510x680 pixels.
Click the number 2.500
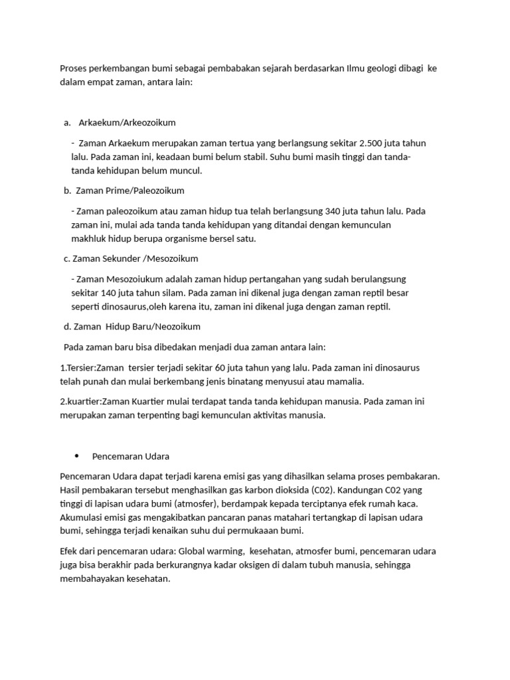[x=373, y=143]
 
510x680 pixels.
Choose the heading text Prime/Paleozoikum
[x=148, y=191]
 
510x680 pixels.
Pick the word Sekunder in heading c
[x=122, y=258]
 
